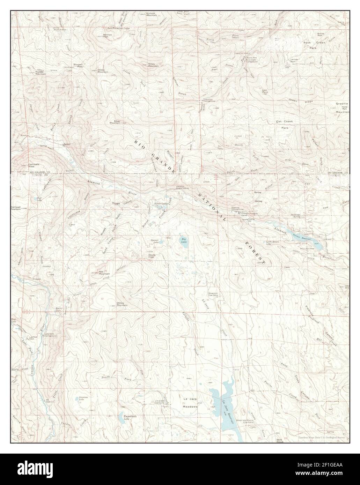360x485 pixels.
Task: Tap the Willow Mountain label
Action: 122,304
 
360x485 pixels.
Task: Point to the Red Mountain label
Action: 104,273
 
